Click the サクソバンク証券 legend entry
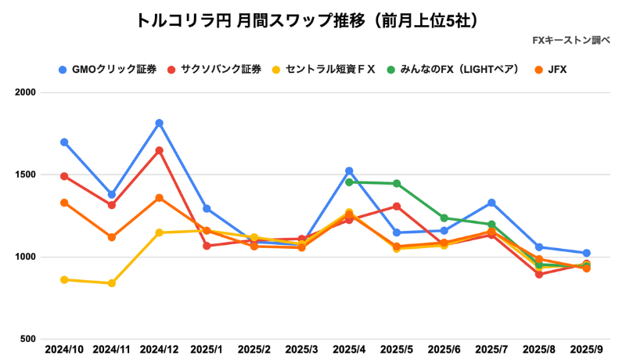coord(220,70)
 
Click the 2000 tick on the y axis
coord(28,93)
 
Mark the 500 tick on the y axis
coord(31,339)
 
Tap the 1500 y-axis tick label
coord(28,175)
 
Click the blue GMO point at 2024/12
coord(159,123)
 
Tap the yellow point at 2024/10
coord(64,279)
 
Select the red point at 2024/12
coord(159,150)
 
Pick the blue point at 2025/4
coord(349,171)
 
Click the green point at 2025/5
coord(397,184)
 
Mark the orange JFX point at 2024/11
coord(112,237)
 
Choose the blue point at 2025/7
coord(491,203)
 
